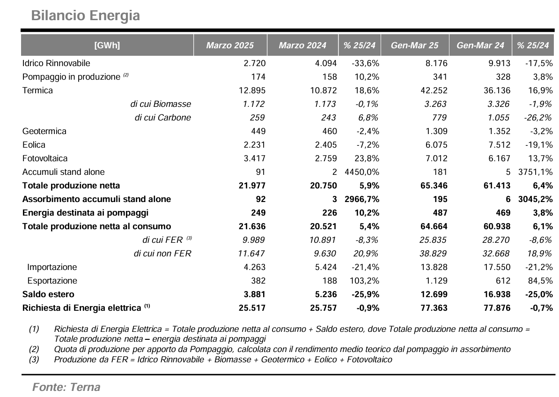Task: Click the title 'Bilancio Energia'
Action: tap(86, 16)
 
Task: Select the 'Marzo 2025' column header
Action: tap(230, 45)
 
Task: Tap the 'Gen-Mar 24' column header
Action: tap(480, 45)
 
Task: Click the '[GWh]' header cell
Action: tap(107, 45)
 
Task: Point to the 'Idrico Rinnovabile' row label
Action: tap(56, 63)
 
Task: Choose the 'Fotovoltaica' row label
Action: tap(45, 158)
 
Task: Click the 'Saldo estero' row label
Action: tap(49, 294)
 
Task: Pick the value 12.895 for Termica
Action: tap(252, 90)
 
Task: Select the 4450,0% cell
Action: tap(362, 172)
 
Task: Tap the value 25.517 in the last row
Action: tap(252, 308)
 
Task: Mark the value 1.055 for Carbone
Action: tap(498, 118)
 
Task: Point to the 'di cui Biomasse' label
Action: tap(161, 104)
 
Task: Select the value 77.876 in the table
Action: tap(497, 308)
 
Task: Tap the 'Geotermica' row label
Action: tap(44, 131)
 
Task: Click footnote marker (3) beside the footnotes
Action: tap(34, 360)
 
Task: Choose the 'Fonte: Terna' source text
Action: tap(66, 387)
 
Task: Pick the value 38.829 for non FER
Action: tap(433, 254)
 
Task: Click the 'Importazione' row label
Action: tap(52, 267)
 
